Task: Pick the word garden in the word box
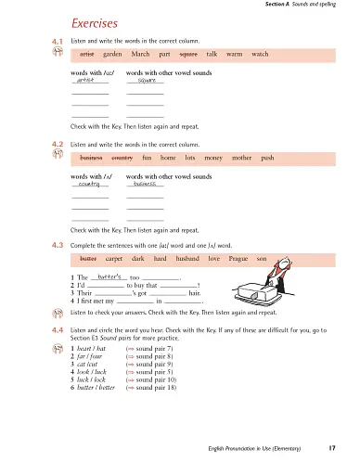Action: (118, 55)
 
